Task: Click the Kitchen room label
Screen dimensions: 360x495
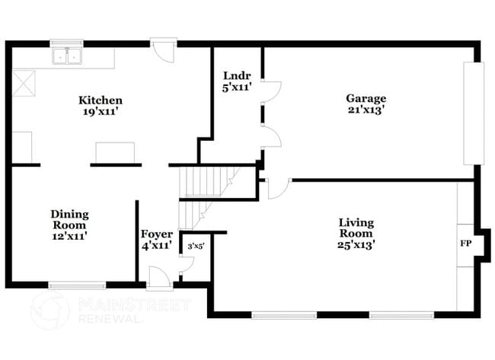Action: (x=101, y=100)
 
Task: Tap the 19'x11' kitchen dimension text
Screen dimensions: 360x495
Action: (x=101, y=110)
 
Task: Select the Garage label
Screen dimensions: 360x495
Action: (x=366, y=98)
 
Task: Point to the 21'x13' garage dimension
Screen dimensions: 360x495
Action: (x=366, y=109)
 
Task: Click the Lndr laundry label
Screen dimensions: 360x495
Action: (x=233, y=75)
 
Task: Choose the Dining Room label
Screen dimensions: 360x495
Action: (x=69, y=219)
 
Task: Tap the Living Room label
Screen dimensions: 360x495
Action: (x=356, y=228)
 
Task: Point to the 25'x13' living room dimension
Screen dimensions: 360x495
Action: (x=356, y=244)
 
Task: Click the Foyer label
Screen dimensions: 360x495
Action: (x=156, y=234)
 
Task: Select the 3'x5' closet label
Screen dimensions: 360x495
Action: (x=195, y=246)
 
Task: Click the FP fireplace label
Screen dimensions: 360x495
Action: (x=465, y=245)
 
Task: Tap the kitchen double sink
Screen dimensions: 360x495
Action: (x=66, y=56)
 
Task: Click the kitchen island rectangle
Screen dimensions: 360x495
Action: (x=114, y=152)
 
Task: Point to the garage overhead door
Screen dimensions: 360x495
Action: (x=474, y=113)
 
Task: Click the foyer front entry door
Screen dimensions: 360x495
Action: (x=158, y=279)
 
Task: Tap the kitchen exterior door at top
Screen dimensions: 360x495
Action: (x=162, y=51)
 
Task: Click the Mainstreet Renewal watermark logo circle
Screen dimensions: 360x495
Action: (x=50, y=311)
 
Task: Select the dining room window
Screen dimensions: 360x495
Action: (x=77, y=286)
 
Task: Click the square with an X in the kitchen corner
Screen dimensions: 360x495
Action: (x=22, y=82)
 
